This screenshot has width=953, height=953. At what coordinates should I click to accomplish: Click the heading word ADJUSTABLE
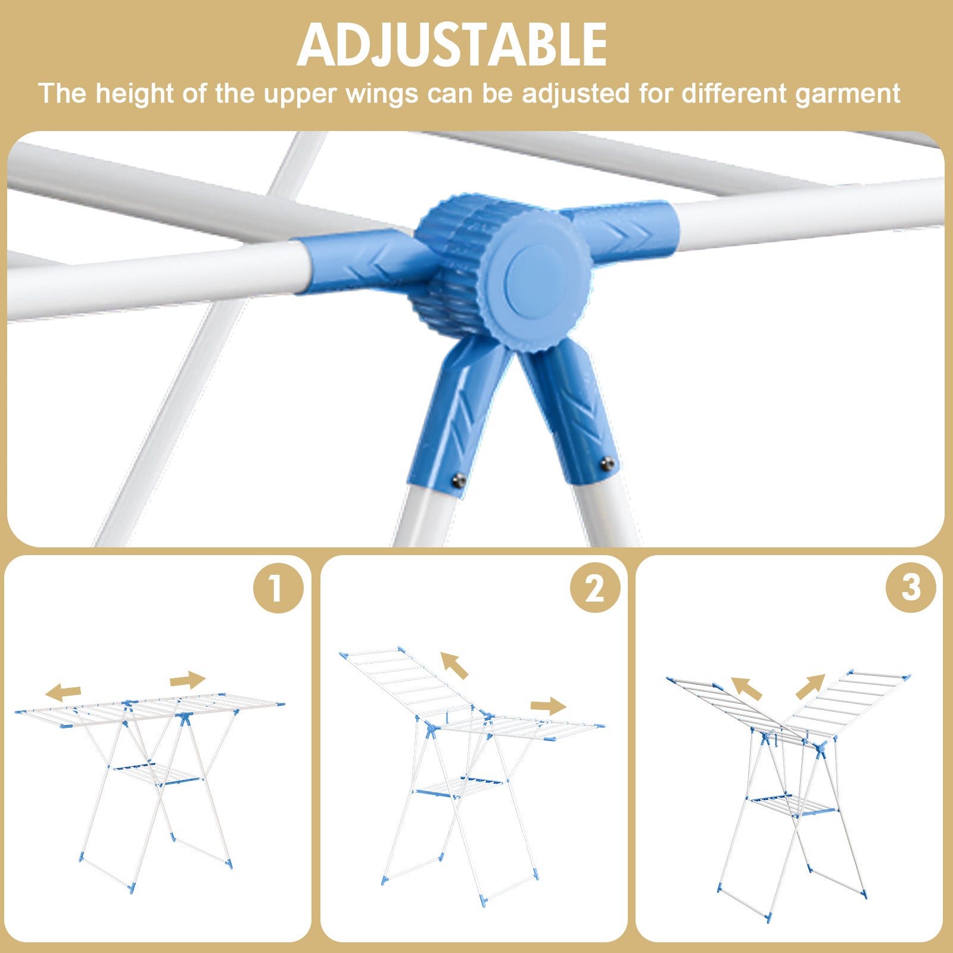452,45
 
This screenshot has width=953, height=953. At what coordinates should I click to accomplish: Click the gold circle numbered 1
278,588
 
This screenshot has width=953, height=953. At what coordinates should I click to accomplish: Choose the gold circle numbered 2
595,588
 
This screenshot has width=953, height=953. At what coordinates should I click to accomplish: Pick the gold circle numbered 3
911,587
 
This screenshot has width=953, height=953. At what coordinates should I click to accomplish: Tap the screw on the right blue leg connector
607,463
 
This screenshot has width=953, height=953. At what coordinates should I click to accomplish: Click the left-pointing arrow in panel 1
63,692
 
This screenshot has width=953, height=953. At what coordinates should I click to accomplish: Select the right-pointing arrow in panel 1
188,680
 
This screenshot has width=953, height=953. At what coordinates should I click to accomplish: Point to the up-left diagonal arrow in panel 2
454,665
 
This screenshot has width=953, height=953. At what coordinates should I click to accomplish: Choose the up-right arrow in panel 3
810,687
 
